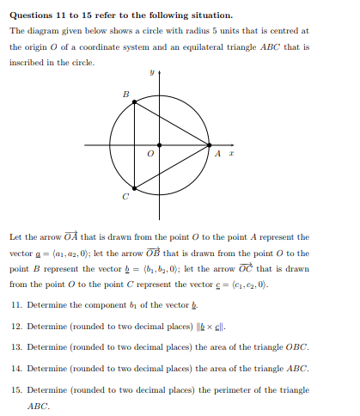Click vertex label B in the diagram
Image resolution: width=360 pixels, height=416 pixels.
(125, 93)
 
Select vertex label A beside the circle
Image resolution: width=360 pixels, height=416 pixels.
(218, 154)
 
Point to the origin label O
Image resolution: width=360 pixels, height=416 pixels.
(150, 155)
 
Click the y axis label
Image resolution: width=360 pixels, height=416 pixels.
(150, 74)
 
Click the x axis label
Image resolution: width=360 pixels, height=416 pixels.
(230, 154)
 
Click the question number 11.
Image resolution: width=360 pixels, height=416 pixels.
(16, 305)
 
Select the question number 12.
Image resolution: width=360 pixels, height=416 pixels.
(16, 327)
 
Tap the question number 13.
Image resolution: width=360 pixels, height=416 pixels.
(16, 347)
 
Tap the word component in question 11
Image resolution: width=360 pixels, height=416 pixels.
(99, 306)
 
